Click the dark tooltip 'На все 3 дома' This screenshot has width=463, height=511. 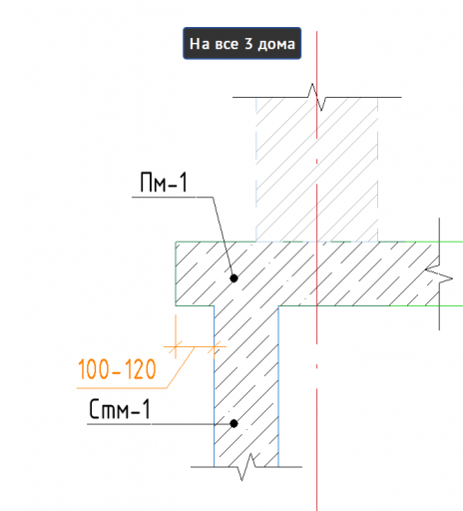[x=241, y=43]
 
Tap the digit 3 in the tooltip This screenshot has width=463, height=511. [x=248, y=44]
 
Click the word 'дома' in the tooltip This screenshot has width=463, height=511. [x=276, y=45]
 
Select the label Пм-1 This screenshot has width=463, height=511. [x=164, y=182]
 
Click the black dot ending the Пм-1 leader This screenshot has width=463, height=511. [x=233, y=278]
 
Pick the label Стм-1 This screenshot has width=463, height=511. [x=120, y=409]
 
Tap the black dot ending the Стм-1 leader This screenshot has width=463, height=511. [x=233, y=423]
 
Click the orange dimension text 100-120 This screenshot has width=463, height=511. [x=117, y=369]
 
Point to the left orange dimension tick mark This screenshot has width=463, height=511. [x=176, y=346]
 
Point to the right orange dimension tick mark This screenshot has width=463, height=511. [x=214, y=346]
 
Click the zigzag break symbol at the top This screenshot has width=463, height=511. [x=316, y=97]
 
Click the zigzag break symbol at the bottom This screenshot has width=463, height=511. [x=246, y=467]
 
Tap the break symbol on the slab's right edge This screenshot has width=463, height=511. [x=439, y=273]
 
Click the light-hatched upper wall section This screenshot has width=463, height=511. [x=316, y=170]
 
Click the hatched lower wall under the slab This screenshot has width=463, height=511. [x=246, y=386]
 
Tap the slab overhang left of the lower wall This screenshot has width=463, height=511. [x=195, y=273]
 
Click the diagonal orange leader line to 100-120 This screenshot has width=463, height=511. [x=181, y=367]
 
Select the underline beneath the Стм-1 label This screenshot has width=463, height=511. [x=151, y=424]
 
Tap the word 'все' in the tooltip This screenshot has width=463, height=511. [x=227, y=45]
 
